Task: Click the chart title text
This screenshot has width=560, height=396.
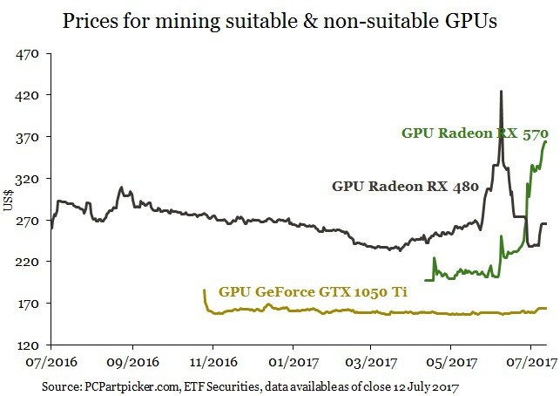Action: (x=280, y=21)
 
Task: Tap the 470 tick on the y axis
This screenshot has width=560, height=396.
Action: (x=30, y=53)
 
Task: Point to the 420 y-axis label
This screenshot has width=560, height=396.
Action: (x=30, y=95)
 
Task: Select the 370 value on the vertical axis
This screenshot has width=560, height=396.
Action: (x=30, y=137)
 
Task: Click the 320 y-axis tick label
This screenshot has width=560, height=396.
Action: (x=30, y=179)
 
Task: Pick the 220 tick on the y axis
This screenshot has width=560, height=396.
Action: (x=30, y=262)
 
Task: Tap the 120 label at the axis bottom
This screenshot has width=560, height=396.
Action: (x=30, y=345)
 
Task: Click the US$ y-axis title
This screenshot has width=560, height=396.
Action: (x=9, y=200)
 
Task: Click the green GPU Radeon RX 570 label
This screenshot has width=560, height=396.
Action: (x=474, y=133)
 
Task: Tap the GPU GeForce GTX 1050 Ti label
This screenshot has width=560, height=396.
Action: (x=314, y=292)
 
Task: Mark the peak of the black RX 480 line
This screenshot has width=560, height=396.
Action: (x=501, y=92)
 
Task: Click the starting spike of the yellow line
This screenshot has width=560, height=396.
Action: (x=204, y=290)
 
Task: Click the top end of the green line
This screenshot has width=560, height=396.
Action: (x=545, y=141)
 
